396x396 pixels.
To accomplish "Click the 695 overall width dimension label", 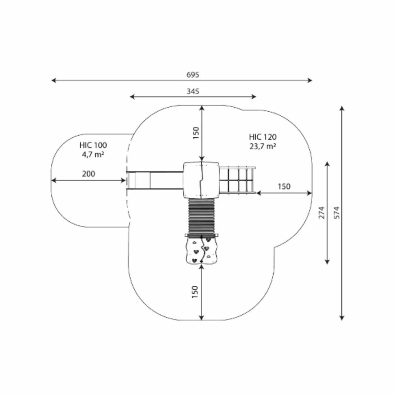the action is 193,75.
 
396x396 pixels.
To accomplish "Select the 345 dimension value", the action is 193,91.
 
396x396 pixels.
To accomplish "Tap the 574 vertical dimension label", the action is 337,213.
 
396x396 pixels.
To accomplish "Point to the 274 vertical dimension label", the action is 322,213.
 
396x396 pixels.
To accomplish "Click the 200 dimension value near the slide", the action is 88,174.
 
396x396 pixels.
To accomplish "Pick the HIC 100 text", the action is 93,145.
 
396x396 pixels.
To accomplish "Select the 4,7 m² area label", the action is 93,154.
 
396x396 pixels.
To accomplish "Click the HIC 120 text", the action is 263,137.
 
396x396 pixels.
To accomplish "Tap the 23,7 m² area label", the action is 263,146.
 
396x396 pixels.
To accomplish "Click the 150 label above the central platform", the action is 196,133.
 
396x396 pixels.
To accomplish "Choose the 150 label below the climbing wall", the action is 195,292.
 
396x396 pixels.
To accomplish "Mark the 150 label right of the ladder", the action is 284,187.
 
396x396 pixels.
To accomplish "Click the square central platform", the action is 201,180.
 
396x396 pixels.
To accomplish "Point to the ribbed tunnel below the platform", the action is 202,216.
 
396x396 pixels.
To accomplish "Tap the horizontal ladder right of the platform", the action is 238,180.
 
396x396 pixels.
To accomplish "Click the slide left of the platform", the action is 155,180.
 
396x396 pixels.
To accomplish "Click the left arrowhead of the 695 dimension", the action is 54,81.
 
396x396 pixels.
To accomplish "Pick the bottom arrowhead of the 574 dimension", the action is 342,318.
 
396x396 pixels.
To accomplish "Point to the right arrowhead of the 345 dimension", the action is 254,96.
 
